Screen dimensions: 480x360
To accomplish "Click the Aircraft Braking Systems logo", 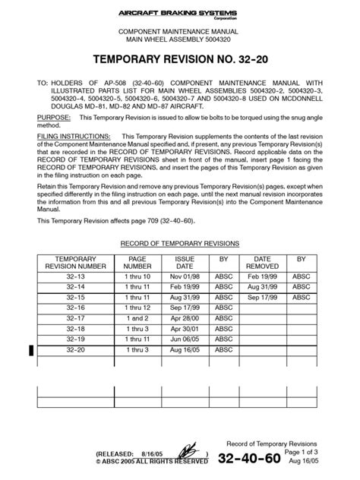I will pos(180,11).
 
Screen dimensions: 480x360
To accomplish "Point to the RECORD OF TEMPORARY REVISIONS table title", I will pos(180,243).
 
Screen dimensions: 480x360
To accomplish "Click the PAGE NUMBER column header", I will pos(137,263).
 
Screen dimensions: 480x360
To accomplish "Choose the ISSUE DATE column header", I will pos(185,263).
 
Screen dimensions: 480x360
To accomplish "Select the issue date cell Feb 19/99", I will pos(185,288).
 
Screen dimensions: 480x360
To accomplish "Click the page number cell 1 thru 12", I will pos(137,308).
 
